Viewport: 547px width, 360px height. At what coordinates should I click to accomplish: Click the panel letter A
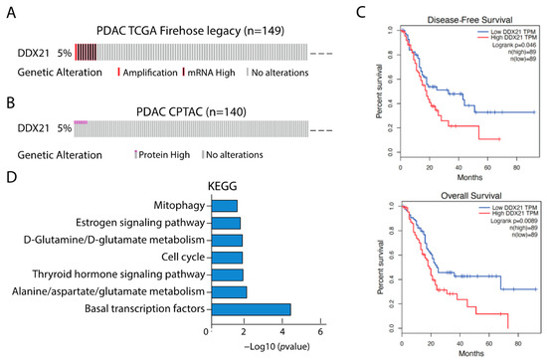coord(9,11)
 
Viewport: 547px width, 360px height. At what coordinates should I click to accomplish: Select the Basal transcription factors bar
coord(249,309)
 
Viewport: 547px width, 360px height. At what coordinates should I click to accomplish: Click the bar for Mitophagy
coord(222,206)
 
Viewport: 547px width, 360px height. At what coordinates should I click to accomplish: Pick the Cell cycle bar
coord(225,258)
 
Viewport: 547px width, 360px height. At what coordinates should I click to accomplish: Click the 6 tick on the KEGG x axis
coord(320,330)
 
